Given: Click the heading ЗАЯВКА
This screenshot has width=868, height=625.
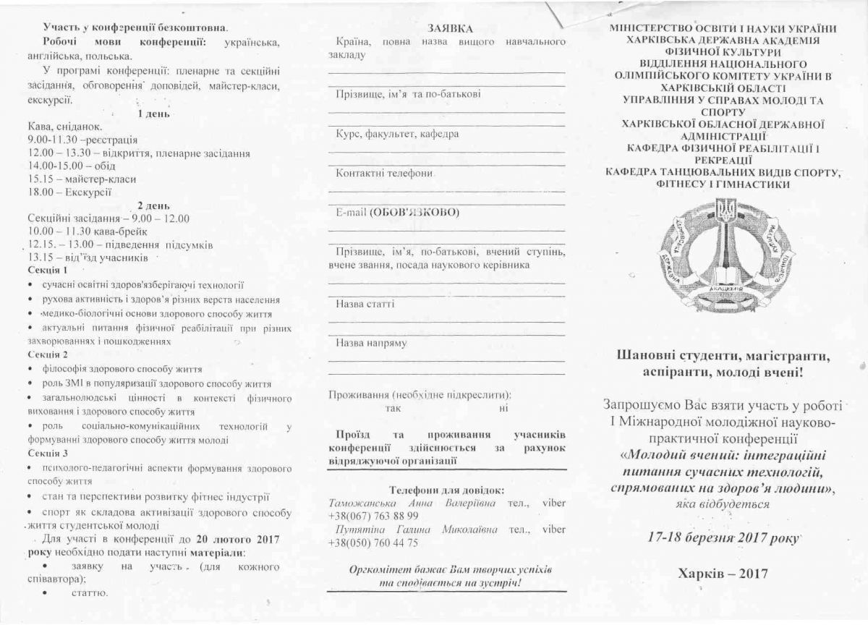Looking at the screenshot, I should [449, 28].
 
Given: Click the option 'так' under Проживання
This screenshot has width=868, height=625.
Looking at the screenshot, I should [393, 409].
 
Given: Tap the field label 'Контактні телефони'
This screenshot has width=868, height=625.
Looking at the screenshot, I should [384, 174].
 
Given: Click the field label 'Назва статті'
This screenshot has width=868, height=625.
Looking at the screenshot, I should [365, 304].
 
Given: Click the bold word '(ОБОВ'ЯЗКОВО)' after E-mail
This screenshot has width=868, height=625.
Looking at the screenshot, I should [414, 213].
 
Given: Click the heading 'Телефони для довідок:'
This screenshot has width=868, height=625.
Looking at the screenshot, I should [446, 490].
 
